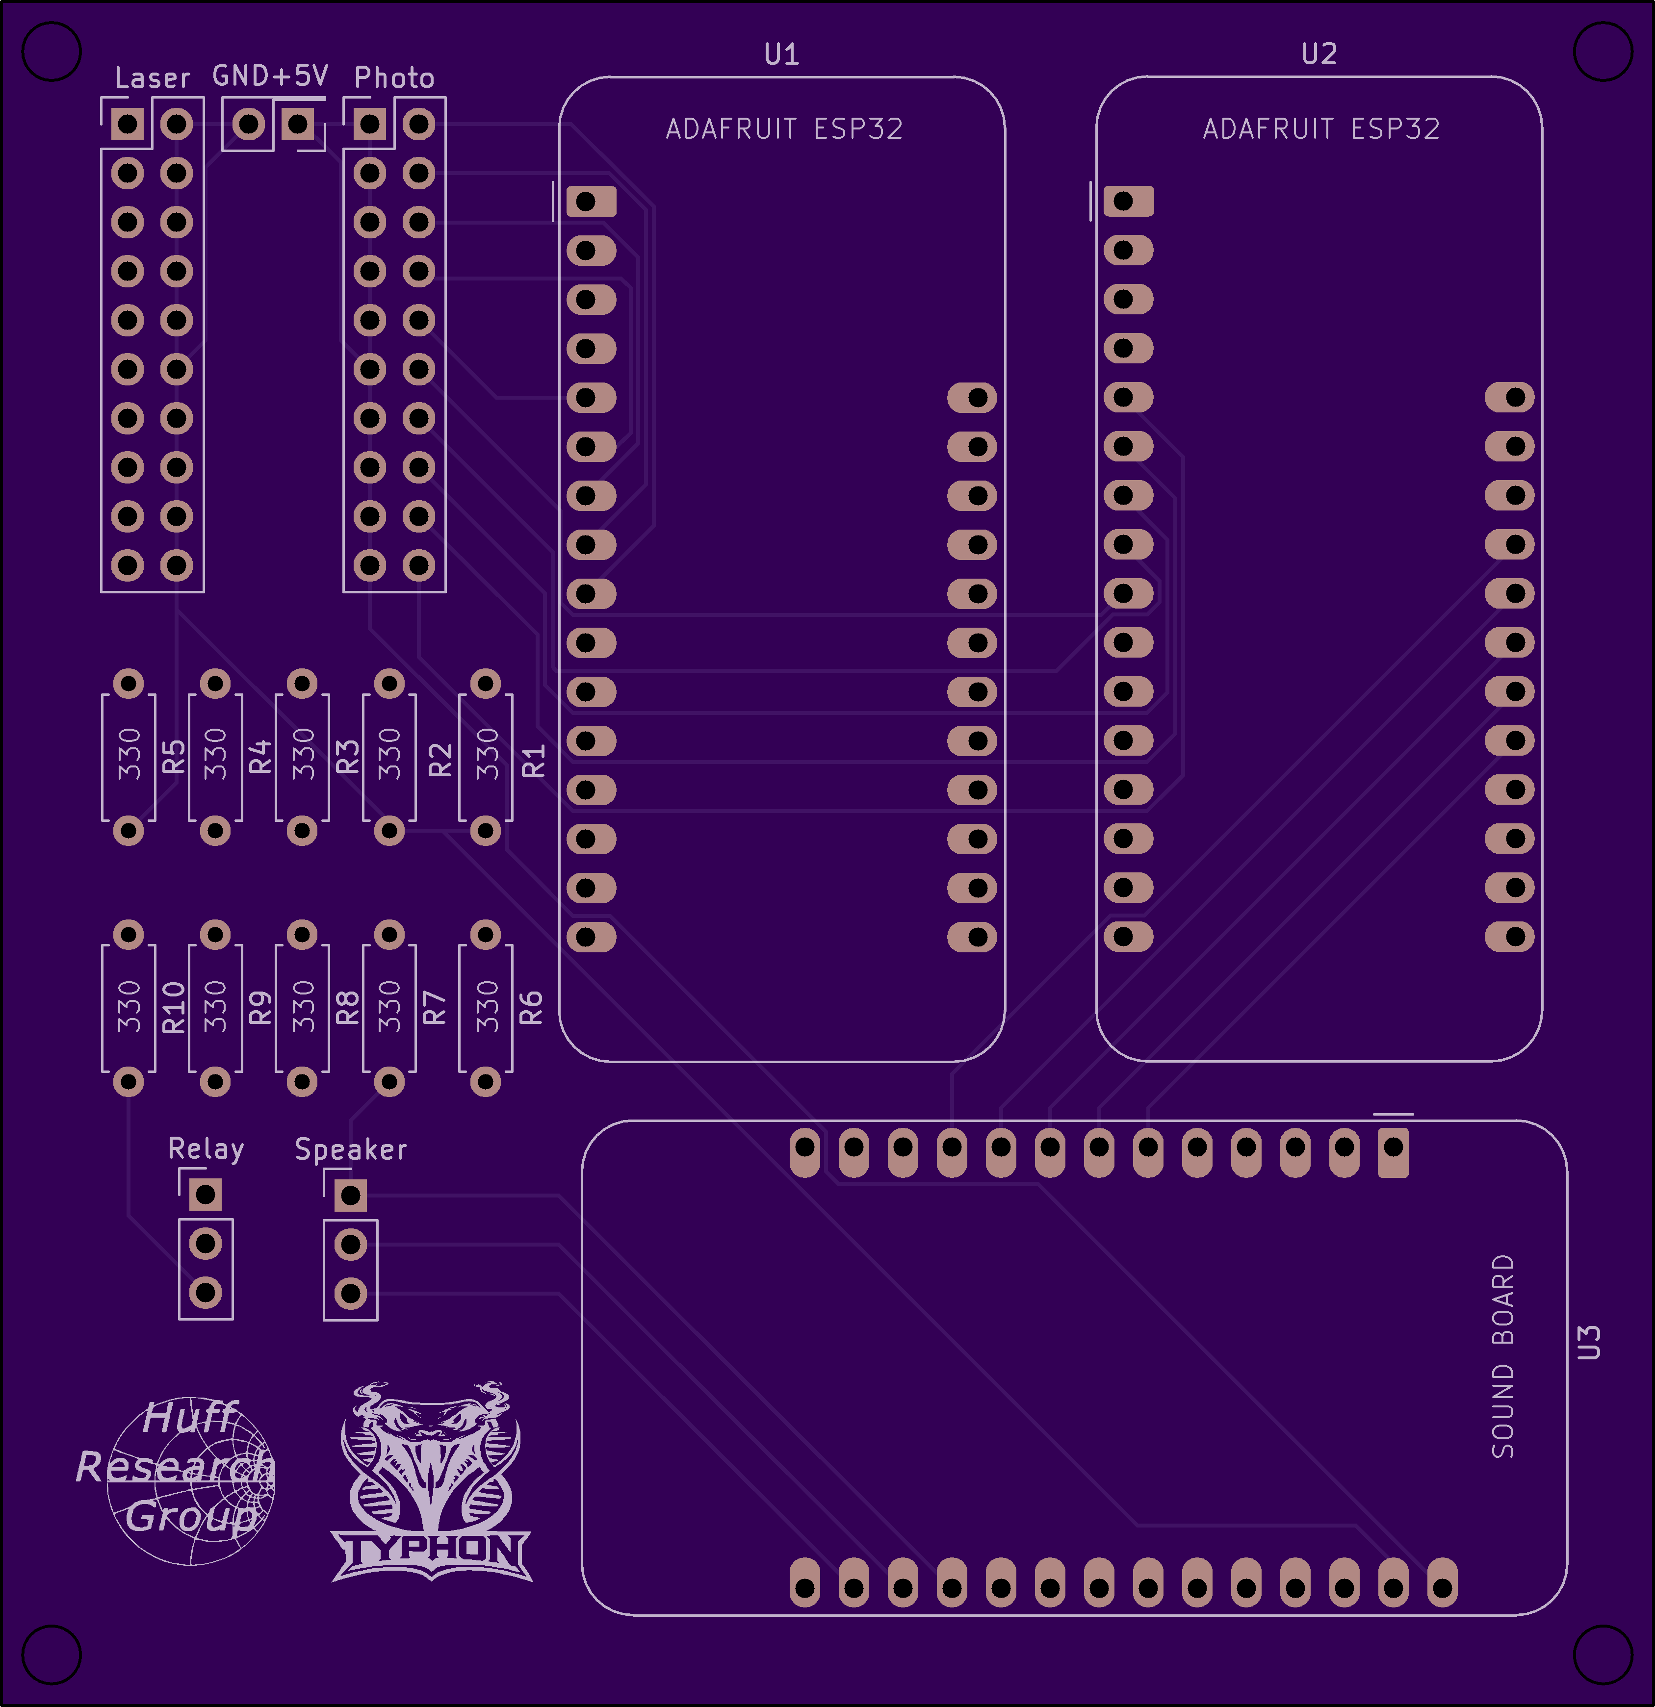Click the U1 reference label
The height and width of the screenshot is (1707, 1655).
pyautogui.click(x=781, y=55)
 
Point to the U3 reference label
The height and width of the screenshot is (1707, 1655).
pyautogui.click(x=1589, y=1342)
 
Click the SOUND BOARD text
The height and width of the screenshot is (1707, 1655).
pyautogui.click(x=1503, y=1356)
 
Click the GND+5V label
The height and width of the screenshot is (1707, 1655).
pyautogui.click(x=270, y=76)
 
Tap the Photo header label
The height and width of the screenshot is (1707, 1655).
pyautogui.click(x=394, y=78)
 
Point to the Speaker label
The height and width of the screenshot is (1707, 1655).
pyautogui.click(x=350, y=1149)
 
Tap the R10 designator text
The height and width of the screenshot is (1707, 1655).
pyautogui.click(x=174, y=1008)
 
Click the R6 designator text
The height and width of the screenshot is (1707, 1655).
pyautogui.click(x=530, y=1008)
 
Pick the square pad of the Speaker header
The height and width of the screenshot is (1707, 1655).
pyautogui.click(x=350, y=1195)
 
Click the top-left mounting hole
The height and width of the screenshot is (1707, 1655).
pyautogui.click(x=52, y=51)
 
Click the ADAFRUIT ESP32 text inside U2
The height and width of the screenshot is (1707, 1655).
pyautogui.click(x=1320, y=129)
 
